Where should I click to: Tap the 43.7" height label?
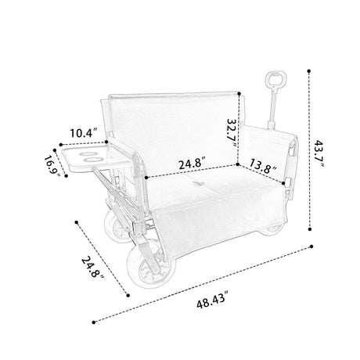319,154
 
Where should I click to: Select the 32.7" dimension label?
232,134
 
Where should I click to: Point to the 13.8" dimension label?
263,167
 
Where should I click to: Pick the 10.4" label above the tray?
84,133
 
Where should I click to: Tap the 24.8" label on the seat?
193,164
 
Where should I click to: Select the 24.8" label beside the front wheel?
93,267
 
